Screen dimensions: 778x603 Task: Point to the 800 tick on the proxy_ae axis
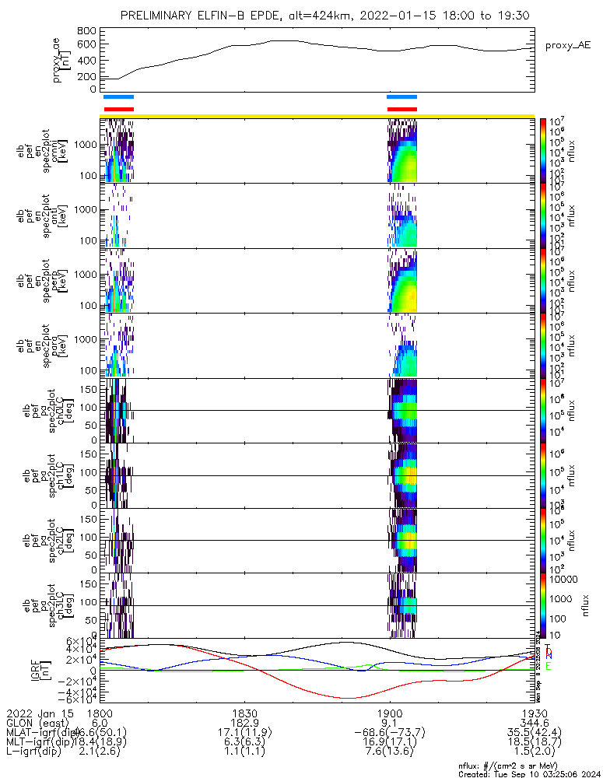pyautogui.click(x=87, y=30)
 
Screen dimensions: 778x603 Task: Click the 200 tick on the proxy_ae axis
pyautogui.click(x=87, y=76)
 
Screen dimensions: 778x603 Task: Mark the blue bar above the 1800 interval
pyautogui.click(x=118, y=97)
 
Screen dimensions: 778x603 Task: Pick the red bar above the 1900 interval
pyautogui.click(x=402, y=109)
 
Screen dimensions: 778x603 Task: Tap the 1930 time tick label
pyautogui.click(x=533, y=713)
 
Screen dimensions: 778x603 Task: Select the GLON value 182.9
pyautogui.click(x=245, y=723)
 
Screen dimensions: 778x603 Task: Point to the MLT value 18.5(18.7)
pyautogui.click(x=533, y=743)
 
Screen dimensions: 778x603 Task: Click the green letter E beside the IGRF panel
pyautogui.click(x=549, y=667)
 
